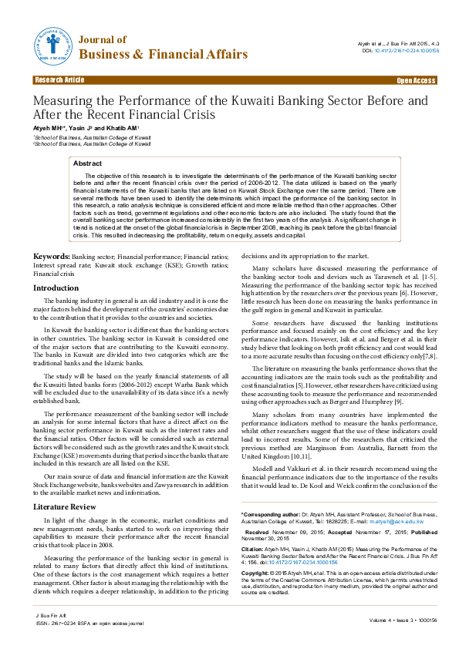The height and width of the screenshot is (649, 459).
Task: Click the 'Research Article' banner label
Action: [59, 80]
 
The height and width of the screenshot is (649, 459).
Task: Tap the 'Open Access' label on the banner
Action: [416, 80]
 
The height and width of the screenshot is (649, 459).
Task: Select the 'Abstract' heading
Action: [87, 163]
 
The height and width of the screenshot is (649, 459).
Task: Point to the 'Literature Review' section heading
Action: [65, 485]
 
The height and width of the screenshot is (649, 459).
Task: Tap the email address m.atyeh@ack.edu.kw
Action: [413, 499]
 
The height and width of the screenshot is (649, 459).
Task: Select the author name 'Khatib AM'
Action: [123, 127]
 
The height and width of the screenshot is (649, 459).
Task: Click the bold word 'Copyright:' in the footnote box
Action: [256, 552]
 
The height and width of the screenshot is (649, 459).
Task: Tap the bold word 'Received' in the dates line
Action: [257, 510]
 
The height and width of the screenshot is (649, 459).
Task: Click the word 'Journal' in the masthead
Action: [102, 39]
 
